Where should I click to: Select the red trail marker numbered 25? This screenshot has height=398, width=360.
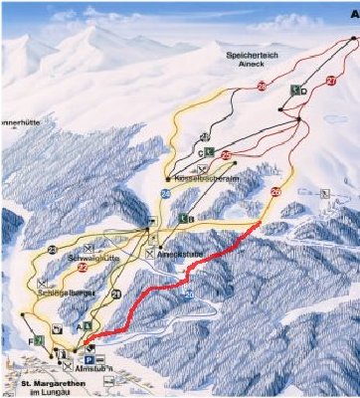click(x=226, y=156)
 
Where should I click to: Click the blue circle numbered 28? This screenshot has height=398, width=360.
click(x=165, y=193)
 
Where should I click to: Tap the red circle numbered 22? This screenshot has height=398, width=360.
click(x=83, y=267)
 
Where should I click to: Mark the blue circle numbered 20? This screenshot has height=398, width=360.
click(x=189, y=297)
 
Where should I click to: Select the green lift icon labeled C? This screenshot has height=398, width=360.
click(x=211, y=151)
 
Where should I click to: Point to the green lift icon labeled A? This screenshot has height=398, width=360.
click(x=90, y=325)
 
